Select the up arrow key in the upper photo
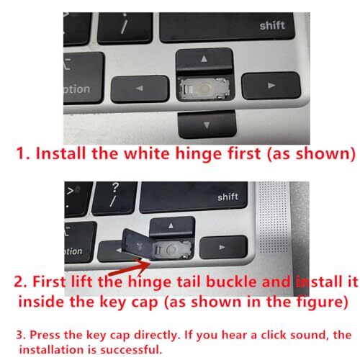click(203, 59)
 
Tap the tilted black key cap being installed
click(138, 245)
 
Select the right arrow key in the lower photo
click(217, 248)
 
